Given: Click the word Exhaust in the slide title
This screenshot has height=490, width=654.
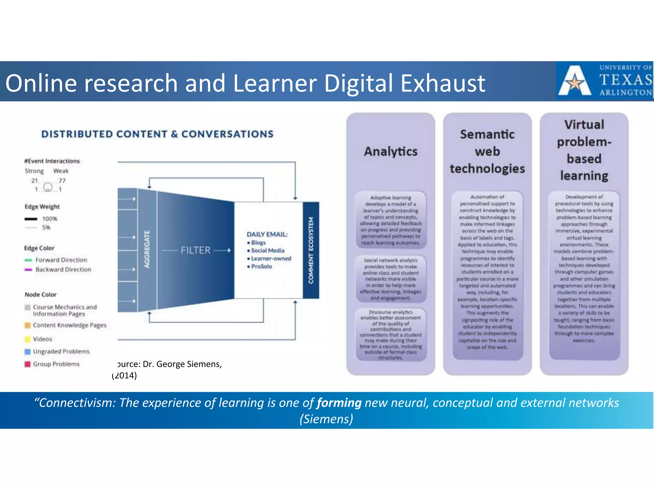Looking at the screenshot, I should pos(443,83).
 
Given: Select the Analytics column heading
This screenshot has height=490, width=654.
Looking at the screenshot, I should pos(391,152).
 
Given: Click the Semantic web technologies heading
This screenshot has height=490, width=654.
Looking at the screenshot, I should pos(487,152).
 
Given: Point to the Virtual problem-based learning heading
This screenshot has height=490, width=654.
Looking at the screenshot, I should pos(584,150).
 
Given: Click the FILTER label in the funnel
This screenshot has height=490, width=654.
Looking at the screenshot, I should pos(195,250).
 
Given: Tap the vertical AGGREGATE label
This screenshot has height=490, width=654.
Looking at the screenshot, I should pos(147,249).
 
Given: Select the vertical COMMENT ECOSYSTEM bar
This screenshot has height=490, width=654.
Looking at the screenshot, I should pos(311,250).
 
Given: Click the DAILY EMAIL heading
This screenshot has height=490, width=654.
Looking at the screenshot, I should pos(267,234).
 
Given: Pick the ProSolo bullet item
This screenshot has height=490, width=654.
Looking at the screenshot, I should pos(261,266).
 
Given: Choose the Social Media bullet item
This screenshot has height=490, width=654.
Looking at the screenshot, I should pos(267,250).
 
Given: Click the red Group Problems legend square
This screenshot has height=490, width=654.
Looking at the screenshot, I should pos(28,364).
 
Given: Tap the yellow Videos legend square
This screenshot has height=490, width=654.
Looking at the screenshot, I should pos(28,339).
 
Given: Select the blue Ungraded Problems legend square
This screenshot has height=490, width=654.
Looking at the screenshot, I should pos(28,352).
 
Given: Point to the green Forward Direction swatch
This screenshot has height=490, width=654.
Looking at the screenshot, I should pos(28,260).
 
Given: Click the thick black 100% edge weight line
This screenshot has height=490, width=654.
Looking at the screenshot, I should pos(31,219).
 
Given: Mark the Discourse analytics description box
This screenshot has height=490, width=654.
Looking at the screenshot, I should pos(391,334).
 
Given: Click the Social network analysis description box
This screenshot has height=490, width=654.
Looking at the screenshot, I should pos(391,279).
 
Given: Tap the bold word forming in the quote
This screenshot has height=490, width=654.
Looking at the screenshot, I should pos(339,403).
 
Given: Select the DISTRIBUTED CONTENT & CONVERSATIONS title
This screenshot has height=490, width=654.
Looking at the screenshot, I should pos(157,134).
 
